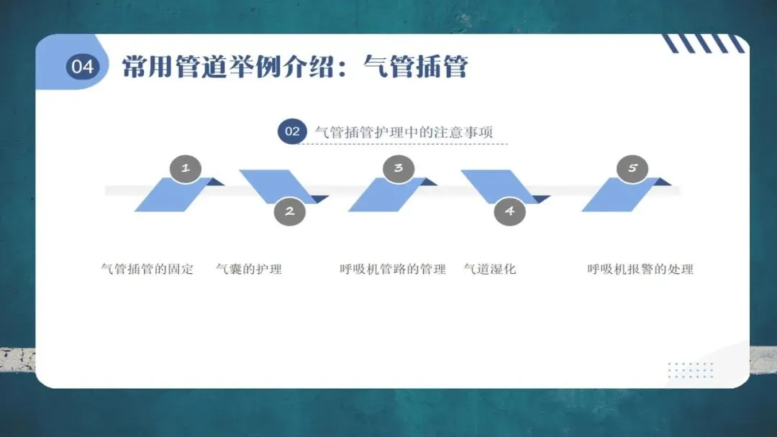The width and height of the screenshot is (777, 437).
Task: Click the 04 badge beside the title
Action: (83, 67)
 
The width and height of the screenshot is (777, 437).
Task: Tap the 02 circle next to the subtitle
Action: (292, 132)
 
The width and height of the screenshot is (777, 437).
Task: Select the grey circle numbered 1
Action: (186, 168)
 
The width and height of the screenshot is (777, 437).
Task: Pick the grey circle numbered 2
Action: (290, 211)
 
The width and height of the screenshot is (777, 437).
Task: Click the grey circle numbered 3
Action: (399, 168)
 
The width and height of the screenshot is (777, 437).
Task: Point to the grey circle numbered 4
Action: (510, 211)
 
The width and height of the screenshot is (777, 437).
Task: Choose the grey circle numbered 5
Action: (633, 168)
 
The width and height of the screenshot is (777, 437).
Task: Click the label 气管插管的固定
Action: (147, 270)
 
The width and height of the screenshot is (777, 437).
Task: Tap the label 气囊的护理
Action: (249, 270)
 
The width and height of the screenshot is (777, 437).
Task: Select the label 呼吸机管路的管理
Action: (393, 270)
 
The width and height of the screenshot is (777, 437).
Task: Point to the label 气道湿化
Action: (490, 270)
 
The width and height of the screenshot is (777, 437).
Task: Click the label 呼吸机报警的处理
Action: (640, 270)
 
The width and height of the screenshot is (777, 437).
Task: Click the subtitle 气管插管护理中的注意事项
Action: (404, 132)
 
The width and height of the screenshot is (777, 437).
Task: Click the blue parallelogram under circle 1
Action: (171, 195)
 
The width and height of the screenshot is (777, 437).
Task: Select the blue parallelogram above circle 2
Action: (275, 185)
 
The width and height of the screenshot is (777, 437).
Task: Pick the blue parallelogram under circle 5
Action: (617, 195)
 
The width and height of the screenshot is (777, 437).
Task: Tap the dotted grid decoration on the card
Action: (691, 370)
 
